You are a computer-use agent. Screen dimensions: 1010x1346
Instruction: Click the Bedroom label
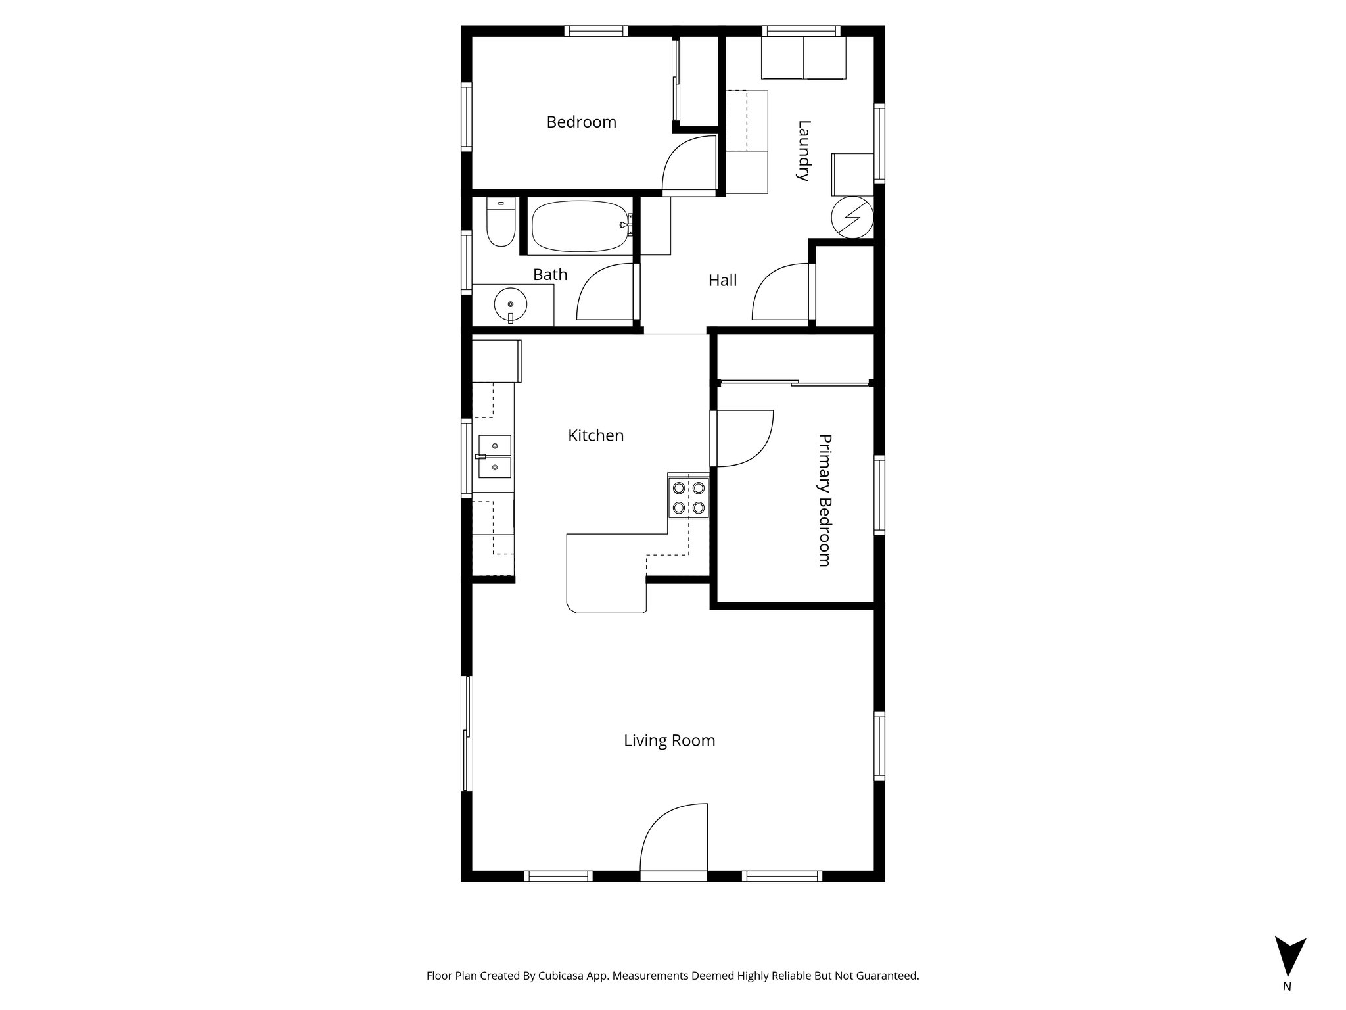(581, 122)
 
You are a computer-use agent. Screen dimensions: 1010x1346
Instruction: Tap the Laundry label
(803, 151)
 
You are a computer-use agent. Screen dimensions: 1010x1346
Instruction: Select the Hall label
(722, 281)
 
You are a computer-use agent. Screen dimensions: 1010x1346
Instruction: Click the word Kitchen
(595, 435)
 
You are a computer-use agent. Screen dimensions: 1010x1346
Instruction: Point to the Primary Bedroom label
(824, 500)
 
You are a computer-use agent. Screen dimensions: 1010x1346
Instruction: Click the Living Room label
(669, 741)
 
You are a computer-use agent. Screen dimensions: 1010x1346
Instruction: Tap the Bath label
(549, 275)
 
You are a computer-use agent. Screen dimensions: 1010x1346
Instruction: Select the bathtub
(580, 226)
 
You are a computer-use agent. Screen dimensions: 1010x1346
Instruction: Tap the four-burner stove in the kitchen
(688, 498)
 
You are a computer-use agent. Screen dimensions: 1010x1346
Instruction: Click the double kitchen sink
(494, 456)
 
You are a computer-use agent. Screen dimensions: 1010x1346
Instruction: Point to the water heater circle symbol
(852, 217)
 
